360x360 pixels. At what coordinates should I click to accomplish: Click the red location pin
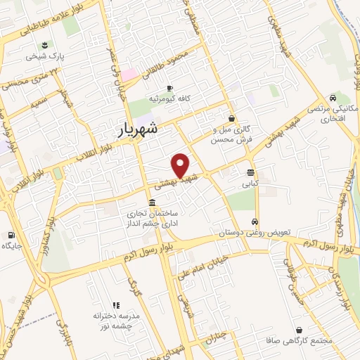click(x=181, y=165)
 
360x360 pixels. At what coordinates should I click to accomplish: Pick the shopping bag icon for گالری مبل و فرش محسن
click(x=231, y=119)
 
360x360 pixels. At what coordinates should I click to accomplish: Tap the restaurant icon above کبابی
click(x=251, y=172)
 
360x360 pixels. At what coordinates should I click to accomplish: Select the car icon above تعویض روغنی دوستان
click(x=255, y=221)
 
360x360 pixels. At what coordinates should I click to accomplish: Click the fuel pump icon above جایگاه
click(x=11, y=235)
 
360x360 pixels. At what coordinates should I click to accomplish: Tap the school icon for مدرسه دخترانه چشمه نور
click(x=117, y=304)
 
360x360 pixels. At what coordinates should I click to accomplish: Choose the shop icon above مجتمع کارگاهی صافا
click(x=300, y=330)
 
